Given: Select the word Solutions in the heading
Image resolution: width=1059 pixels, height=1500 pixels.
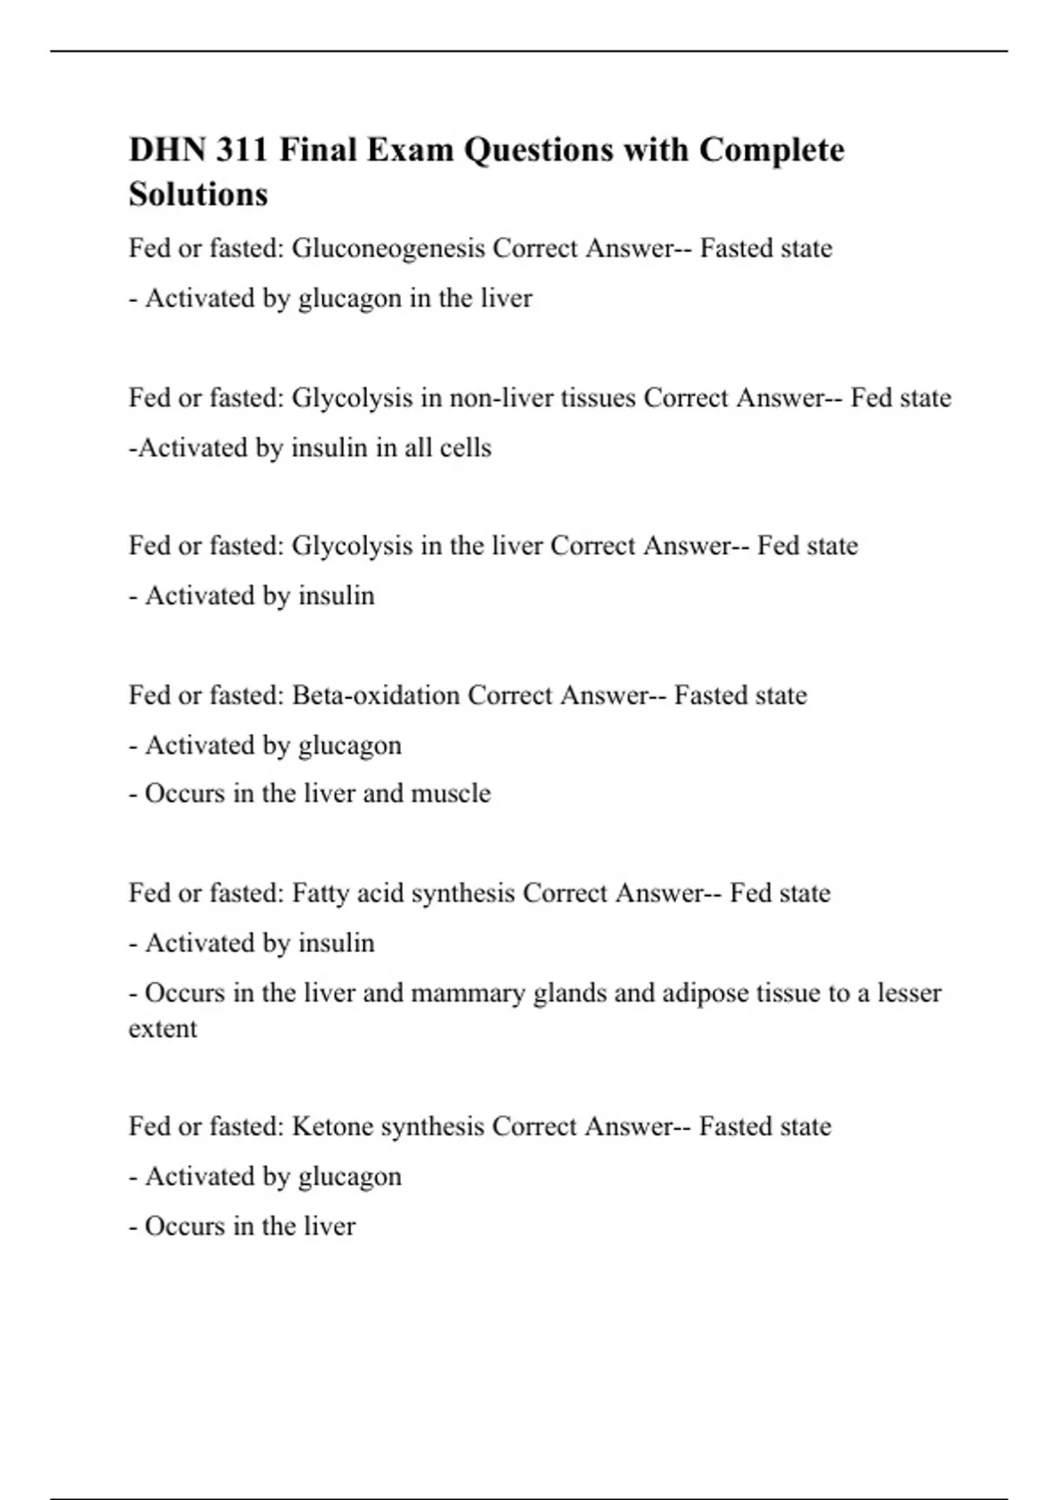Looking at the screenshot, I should [x=199, y=194].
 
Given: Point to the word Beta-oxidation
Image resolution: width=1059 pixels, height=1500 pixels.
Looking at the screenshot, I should [x=376, y=695].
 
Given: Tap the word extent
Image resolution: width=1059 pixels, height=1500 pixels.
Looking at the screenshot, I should [x=163, y=1029].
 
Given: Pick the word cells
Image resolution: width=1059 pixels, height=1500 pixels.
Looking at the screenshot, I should [x=465, y=448].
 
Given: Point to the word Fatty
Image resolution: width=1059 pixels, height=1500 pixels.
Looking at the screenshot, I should [x=320, y=893].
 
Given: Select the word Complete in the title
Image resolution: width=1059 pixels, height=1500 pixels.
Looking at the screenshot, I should [x=771, y=150].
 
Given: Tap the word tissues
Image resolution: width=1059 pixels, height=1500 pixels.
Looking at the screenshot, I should [x=598, y=398].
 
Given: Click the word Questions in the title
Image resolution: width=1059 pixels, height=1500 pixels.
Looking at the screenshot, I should [x=538, y=150].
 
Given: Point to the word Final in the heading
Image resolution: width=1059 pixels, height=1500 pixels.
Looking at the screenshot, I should [x=318, y=150].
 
